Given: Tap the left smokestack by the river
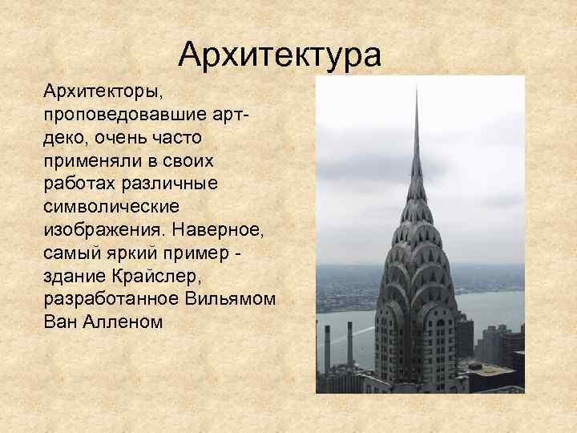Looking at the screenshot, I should point(327,348).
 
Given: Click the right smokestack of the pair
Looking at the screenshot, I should point(349,345).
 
